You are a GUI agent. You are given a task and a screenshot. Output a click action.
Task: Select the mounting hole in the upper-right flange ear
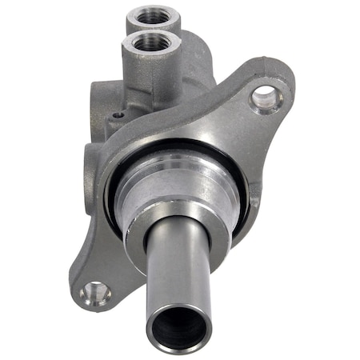click(266, 98)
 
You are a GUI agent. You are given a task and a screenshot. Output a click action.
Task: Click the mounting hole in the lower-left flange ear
click(95, 294)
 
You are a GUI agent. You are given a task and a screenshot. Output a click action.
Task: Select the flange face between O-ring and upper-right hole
click(232, 128)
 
